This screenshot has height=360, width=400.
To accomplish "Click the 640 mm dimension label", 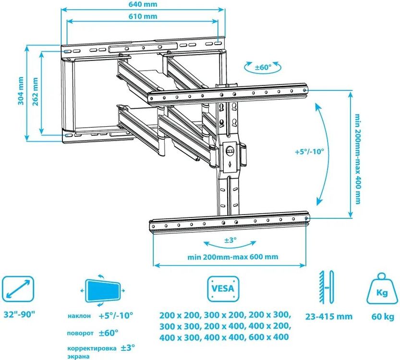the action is (143, 4).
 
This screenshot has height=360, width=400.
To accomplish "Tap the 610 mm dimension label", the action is (143, 16).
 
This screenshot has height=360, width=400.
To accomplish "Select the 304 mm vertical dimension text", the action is (21, 91).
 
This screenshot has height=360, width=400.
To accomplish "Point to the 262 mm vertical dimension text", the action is (35, 92).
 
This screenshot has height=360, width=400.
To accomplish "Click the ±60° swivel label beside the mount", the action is (263, 67).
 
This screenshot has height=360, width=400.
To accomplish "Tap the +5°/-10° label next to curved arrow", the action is (309, 152).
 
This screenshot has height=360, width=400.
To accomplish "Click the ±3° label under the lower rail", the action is (230, 240).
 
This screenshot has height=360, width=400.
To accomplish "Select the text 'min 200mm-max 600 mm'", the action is (233, 257).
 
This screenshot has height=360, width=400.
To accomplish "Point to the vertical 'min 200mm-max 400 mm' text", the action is (358, 158).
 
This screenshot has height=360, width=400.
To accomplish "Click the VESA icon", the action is (223, 289).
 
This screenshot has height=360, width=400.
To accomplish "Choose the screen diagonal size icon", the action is (18, 289).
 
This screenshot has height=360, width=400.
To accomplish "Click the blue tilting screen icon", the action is (103, 290).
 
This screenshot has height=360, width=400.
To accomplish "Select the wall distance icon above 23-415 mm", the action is (326, 288).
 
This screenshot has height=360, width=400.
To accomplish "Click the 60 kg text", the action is (383, 317).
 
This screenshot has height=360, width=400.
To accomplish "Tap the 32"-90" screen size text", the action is (19, 314).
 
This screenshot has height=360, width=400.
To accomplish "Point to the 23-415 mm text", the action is (329, 317).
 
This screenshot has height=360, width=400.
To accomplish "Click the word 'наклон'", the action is (79, 316).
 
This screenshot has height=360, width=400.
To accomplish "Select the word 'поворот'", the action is (80, 333).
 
